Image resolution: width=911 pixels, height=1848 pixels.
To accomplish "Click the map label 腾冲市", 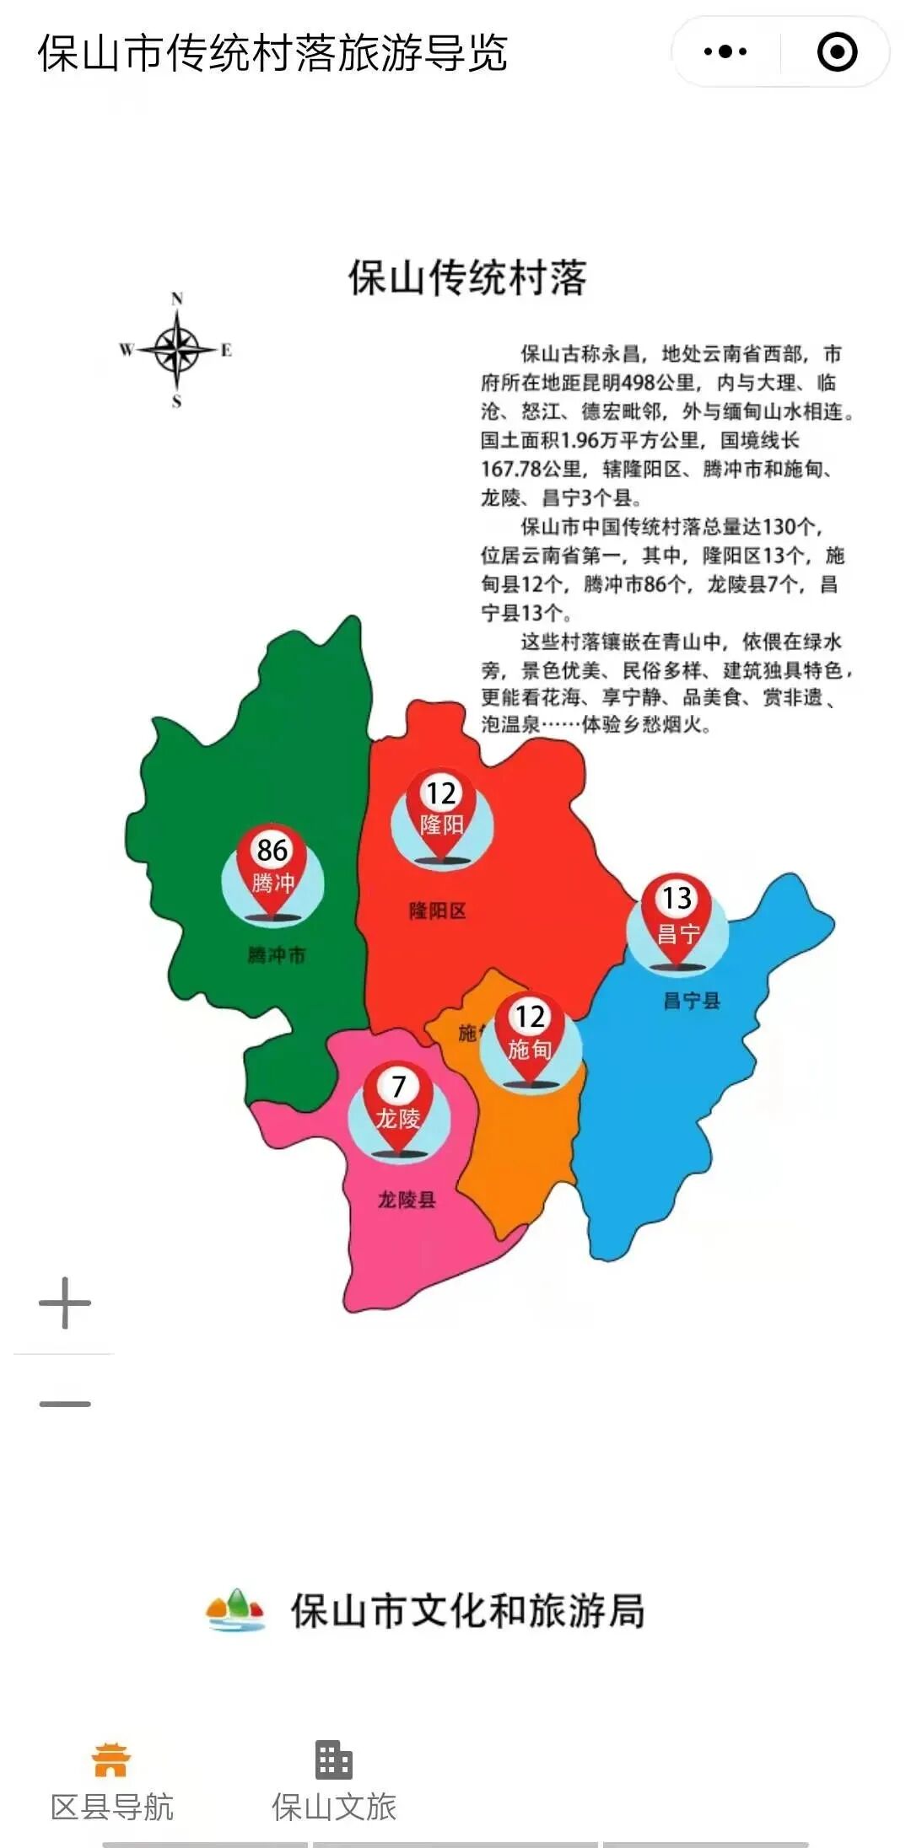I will pyautogui.click(x=276, y=955).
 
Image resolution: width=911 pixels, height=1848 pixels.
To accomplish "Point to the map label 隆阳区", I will pyautogui.click(x=437, y=911).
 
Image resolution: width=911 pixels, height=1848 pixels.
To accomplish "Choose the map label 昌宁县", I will pyautogui.click(x=691, y=1001).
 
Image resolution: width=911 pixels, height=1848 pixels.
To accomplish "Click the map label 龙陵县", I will pyautogui.click(x=406, y=1200).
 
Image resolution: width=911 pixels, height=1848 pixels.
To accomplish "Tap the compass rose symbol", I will pyautogui.click(x=176, y=349).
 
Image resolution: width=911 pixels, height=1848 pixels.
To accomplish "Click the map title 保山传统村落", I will pyautogui.click(x=467, y=278).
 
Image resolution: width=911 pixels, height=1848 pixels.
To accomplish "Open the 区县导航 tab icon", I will pyautogui.click(x=111, y=1760).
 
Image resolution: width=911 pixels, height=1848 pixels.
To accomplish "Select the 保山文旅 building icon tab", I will pyautogui.click(x=333, y=1760).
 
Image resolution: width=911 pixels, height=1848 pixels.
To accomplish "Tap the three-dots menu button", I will pyautogui.click(x=725, y=52).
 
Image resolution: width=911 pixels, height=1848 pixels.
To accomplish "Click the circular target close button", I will pyautogui.click(x=837, y=52).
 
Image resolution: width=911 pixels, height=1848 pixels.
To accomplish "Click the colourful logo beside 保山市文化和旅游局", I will pyautogui.click(x=236, y=1610).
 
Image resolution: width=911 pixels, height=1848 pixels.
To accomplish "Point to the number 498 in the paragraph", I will pyautogui.click(x=639, y=383).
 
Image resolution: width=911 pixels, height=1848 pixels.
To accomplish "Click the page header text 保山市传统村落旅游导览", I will pyautogui.click(x=272, y=54).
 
